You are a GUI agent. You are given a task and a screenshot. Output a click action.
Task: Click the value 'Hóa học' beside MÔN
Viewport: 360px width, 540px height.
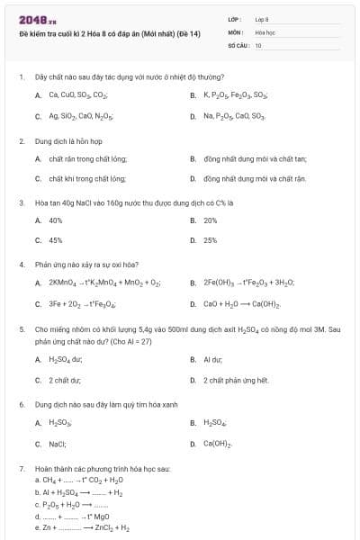click(265, 31)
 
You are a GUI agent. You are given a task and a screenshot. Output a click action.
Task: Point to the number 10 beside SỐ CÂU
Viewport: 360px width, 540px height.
click(258, 44)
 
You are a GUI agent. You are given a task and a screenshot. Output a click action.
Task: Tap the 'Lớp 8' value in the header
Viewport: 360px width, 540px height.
click(262, 19)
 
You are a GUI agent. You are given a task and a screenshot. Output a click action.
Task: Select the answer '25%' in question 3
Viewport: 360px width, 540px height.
click(211, 240)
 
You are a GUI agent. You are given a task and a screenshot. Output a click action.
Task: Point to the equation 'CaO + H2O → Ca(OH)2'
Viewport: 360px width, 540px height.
click(237, 303)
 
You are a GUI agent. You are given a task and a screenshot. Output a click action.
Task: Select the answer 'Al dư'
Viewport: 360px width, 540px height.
click(212, 359)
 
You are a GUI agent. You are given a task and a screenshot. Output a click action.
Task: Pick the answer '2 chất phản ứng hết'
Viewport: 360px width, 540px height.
click(237, 380)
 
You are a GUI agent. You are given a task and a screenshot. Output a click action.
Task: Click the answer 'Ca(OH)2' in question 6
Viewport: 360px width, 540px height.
click(218, 444)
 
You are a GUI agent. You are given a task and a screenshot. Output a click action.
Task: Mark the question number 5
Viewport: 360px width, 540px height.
click(22, 329)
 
